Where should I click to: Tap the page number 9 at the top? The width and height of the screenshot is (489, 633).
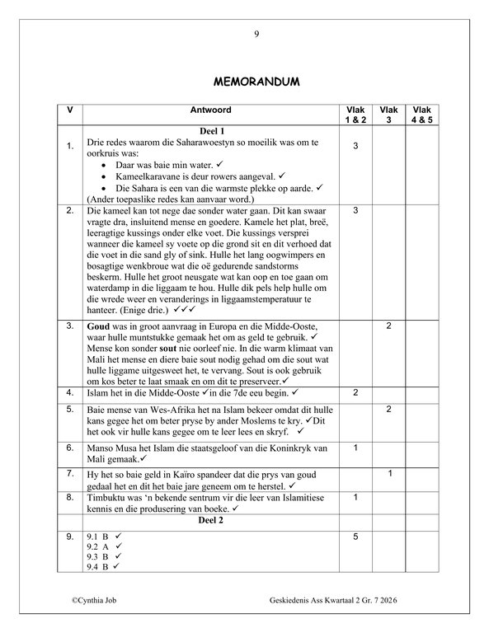click(256, 34)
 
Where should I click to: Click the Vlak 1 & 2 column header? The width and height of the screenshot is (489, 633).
click(354, 115)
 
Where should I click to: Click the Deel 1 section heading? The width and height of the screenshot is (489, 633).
click(212, 131)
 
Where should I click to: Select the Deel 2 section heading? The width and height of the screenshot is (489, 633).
click(212, 521)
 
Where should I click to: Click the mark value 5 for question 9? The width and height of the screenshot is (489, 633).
click(354, 537)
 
